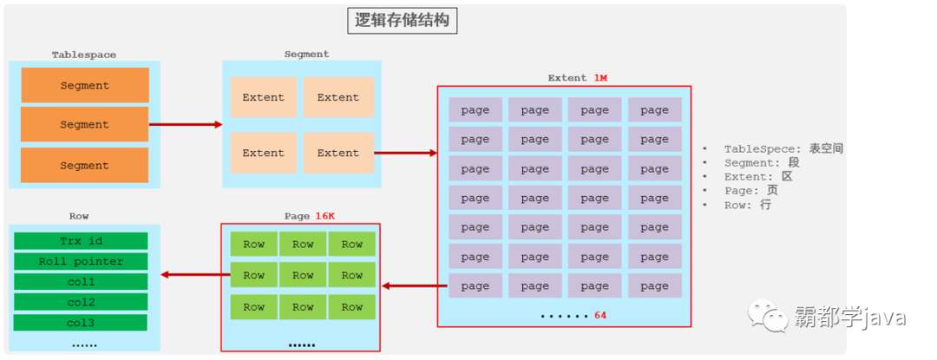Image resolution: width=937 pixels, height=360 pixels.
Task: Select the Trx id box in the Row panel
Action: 80,240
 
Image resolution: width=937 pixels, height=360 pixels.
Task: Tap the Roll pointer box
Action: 80,261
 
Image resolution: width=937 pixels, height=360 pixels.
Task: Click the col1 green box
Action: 80,282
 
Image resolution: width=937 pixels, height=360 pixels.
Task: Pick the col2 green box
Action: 80,302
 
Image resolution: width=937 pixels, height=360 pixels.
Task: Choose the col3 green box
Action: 80,323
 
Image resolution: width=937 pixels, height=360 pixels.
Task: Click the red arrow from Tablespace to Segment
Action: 186,124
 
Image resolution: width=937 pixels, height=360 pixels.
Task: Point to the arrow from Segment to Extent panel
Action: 405,153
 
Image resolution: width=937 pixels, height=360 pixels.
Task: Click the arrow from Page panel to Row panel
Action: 190,275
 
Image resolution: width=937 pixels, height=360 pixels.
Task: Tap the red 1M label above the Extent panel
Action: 600,78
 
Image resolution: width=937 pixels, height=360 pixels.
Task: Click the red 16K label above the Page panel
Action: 325,215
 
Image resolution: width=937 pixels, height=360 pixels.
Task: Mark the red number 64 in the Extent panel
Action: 600,315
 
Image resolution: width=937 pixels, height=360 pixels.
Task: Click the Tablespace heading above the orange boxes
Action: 83,55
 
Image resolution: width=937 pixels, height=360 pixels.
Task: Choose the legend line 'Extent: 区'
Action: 758,176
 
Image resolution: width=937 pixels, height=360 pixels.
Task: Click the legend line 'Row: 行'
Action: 747,205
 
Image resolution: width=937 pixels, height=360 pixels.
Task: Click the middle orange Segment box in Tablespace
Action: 84,125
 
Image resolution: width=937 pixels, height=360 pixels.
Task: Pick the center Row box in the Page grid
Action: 303,275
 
